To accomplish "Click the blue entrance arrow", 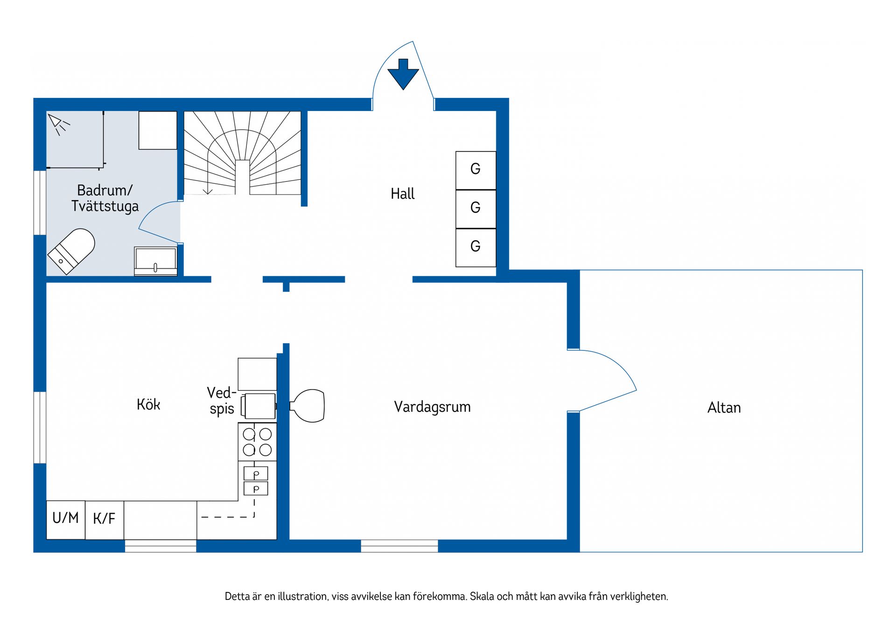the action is pos(403,74).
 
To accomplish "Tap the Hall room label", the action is pos(402,194).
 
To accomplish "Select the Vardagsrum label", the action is pos(432,407).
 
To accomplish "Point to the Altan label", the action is pos(724,408).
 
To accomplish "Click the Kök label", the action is pos(148,404).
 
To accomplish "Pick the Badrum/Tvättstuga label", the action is pos(105,198).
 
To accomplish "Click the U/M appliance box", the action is pos(66,520).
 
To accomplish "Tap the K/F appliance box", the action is pos(105,520).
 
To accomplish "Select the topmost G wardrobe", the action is pos(476,170).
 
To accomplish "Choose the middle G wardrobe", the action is pos(476,209).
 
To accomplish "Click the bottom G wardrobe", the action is pos(476,248).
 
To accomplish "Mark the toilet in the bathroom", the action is pos(71,251).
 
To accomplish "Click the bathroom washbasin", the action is pos(155,261).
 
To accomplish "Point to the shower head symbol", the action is pos(58,124).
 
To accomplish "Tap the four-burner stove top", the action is pos(257,442).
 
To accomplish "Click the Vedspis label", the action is pos(221,400).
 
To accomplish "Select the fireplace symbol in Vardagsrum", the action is pos(307,406).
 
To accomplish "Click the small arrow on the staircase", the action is pos(208,191).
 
